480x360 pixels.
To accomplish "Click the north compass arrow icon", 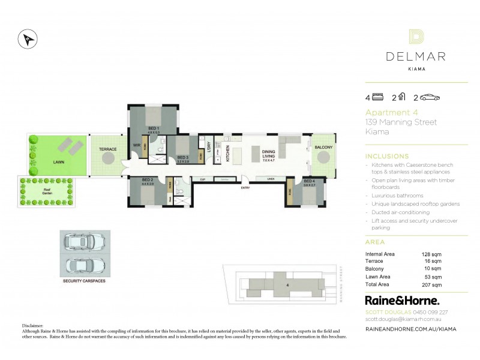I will tap(27, 38).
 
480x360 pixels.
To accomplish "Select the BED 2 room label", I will tap(148, 179).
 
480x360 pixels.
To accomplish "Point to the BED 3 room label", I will tap(182, 158).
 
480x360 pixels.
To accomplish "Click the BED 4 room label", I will tap(308, 180).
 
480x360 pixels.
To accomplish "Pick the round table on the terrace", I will tap(108, 158).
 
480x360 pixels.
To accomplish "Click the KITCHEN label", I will tap(228, 154).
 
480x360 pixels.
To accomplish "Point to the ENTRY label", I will tap(245, 188).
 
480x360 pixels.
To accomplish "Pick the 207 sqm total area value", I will tap(432, 284).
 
